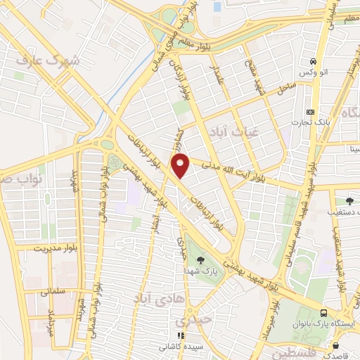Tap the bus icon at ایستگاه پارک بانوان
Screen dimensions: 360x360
[x=323, y=314]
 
